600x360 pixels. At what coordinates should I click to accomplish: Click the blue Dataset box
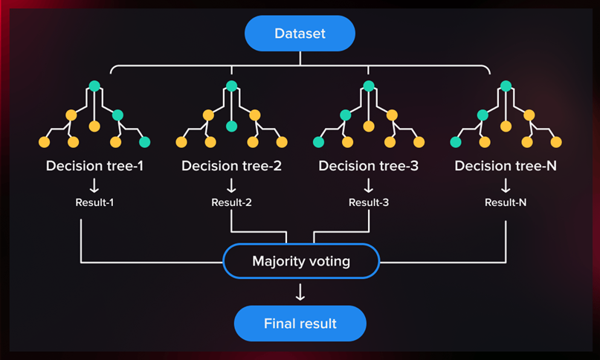300,33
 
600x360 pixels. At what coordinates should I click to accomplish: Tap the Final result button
300,324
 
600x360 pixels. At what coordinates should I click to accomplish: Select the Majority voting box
301,261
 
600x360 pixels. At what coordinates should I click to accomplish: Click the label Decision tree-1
94,166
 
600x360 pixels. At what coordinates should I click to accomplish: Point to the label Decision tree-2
231,166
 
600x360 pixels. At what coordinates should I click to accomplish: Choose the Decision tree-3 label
369,166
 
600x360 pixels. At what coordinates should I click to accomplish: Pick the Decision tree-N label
506,166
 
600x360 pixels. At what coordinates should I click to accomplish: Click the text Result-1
94,202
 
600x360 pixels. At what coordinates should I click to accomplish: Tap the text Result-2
231,202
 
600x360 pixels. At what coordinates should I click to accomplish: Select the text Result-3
369,202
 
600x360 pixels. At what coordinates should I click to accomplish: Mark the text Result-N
506,202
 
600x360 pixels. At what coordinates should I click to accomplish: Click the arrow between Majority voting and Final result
300,292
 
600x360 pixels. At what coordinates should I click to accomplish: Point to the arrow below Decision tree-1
94,185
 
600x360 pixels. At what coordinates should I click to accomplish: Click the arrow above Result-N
506,185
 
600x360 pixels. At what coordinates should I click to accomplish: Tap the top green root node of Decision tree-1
94,86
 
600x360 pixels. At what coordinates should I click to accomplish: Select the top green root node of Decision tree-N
506,86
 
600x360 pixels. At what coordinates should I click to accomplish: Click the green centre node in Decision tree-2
231,126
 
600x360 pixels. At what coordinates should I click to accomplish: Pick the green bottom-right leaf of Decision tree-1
145,142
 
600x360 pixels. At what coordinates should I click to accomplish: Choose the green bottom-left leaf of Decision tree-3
318,142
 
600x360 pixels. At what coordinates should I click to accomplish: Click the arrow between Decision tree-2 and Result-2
231,185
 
